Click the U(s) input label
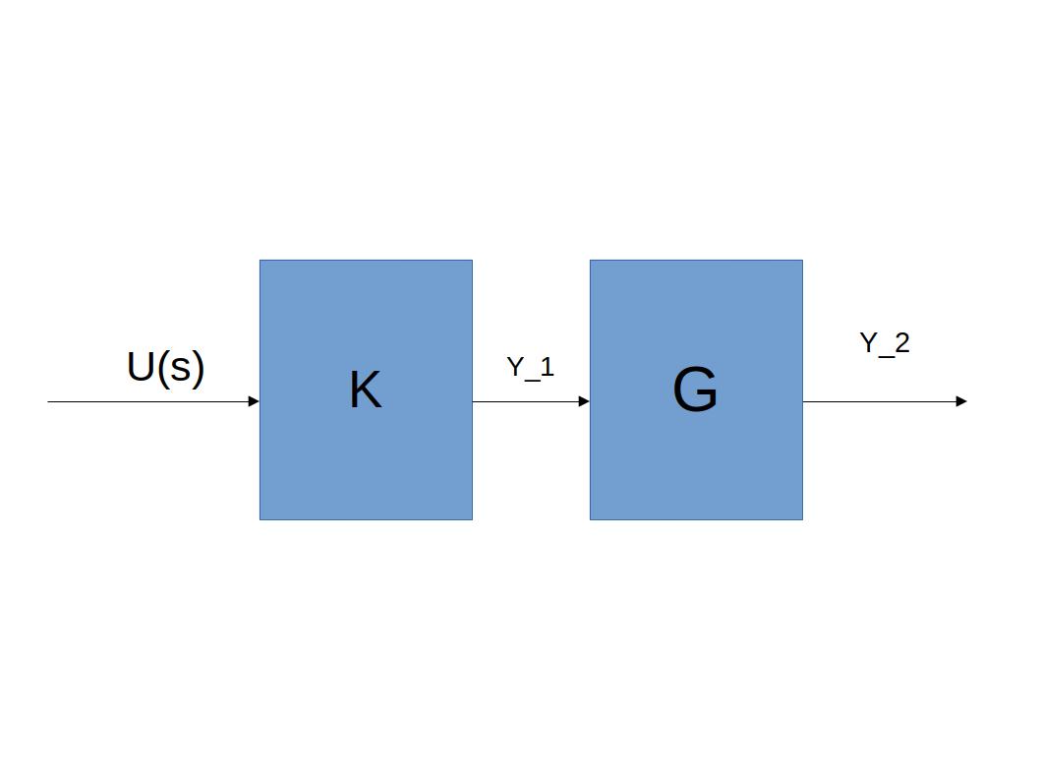click(165, 367)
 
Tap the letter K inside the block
click(365, 390)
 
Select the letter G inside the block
click(695, 390)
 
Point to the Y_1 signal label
click(530, 368)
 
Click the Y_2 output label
click(884, 343)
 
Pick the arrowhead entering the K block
click(254, 401)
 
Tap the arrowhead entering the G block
click(584, 401)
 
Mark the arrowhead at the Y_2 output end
click(961, 401)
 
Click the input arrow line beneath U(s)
click(147, 401)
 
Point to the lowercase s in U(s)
click(178, 370)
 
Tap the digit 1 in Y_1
click(548, 367)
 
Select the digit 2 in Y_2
click(901, 342)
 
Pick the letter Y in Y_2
click(869, 342)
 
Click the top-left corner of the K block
click(260, 261)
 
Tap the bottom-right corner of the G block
click(802, 518)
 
